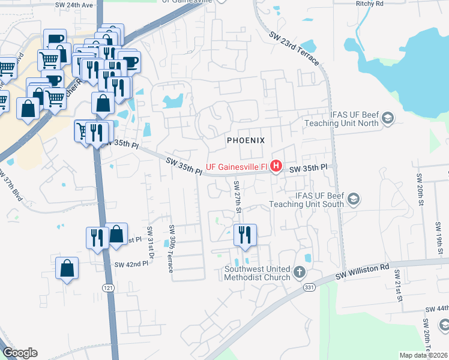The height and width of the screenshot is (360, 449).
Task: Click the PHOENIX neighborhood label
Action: [x=245, y=140]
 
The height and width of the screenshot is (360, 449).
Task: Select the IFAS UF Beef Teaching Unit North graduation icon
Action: [x=388, y=118]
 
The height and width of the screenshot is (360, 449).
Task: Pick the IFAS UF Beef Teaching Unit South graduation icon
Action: [x=354, y=199]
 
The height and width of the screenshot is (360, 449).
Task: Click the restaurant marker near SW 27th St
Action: [x=244, y=235]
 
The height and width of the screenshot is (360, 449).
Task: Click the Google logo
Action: [x=20, y=353]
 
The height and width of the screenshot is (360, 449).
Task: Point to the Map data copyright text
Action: [x=423, y=355]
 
